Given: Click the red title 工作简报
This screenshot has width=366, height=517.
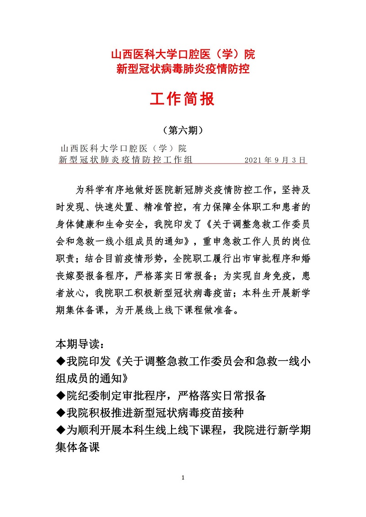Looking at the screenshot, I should click(183, 99).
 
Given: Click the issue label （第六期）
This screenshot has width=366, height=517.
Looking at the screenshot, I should click(183, 131).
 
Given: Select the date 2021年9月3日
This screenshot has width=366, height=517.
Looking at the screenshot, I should click(274, 160).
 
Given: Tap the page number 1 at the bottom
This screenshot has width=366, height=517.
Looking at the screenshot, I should click(183, 478).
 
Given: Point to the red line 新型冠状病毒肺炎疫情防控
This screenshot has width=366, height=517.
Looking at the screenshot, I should click(183, 69).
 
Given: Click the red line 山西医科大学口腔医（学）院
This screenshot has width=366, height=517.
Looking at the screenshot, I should click(183, 55).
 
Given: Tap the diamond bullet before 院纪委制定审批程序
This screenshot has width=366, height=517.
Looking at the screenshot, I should click(61, 395).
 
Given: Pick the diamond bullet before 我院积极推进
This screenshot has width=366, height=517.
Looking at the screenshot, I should click(61, 413).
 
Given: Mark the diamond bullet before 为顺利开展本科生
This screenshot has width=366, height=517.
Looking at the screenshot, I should click(61, 430).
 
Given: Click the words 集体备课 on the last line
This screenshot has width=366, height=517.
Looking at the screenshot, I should click(78, 448).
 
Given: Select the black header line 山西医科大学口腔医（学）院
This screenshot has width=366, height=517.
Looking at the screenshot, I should click(124, 149).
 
